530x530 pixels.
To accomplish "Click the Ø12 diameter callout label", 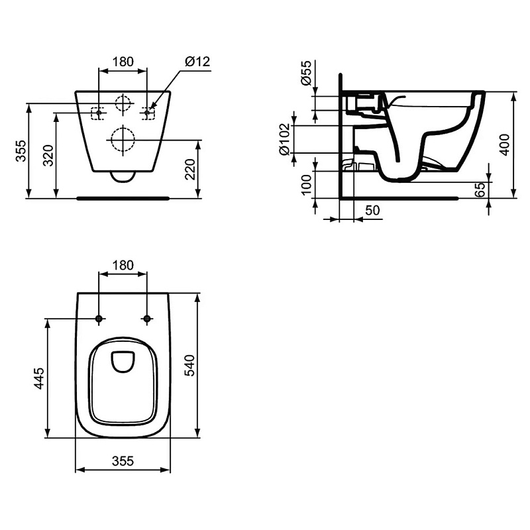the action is pyautogui.click(x=197, y=62).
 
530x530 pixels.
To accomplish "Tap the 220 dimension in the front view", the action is pyautogui.click(x=190, y=169).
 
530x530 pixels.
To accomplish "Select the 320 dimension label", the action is pyautogui.click(x=48, y=156).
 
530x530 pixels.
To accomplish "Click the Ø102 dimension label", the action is pyautogui.click(x=284, y=139).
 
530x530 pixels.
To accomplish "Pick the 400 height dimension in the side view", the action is pyautogui.click(x=505, y=144).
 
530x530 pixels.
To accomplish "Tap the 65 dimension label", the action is pyautogui.click(x=480, y=189).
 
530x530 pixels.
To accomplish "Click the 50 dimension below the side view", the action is pyautogui.click(x=372, y=210).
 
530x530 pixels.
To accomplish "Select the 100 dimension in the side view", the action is pyautogui.click(x=307, y=185).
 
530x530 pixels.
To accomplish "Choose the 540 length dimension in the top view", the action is pyautogui.click(x=190, y=366).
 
